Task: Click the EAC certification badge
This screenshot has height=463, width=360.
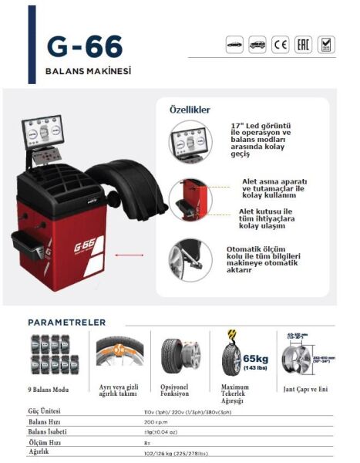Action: [304, 45]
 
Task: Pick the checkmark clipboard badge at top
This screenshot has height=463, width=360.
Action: [327, 45]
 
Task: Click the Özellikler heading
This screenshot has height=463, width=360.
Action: [190, 110]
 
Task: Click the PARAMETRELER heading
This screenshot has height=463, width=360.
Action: [79, 321]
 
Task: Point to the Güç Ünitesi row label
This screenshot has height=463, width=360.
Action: [44, 411]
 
